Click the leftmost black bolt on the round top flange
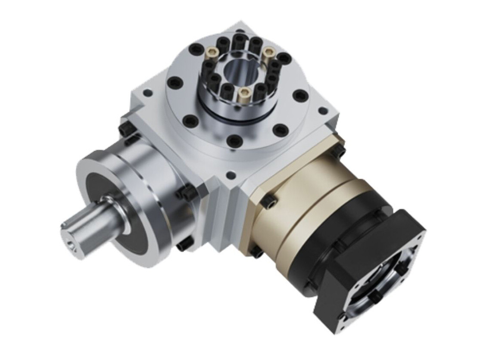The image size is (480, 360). click(x=175, y=82)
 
